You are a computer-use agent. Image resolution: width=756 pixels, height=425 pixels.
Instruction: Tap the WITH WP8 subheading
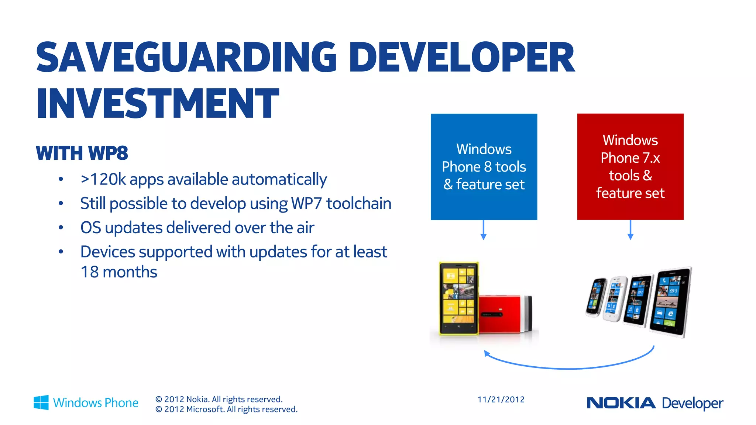82,153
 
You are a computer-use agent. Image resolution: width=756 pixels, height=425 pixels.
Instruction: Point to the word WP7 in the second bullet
306,204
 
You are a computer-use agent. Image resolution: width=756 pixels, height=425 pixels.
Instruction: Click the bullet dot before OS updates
61,228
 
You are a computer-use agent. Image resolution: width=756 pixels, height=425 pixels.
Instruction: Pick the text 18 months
119,272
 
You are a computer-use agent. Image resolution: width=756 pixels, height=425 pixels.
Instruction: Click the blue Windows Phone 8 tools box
484,167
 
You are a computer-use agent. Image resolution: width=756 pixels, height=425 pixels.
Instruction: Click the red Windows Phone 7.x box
630,167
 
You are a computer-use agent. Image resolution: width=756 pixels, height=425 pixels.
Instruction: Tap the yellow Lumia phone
458,298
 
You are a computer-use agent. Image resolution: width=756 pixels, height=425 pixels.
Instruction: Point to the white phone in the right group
615,299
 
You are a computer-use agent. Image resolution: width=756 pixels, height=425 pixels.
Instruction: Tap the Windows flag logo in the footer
41,402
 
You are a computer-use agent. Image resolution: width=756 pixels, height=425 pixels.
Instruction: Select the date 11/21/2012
501,400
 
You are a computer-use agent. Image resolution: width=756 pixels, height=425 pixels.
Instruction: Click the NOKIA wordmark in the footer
621,403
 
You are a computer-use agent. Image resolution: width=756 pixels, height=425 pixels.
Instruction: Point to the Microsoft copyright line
226,410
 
